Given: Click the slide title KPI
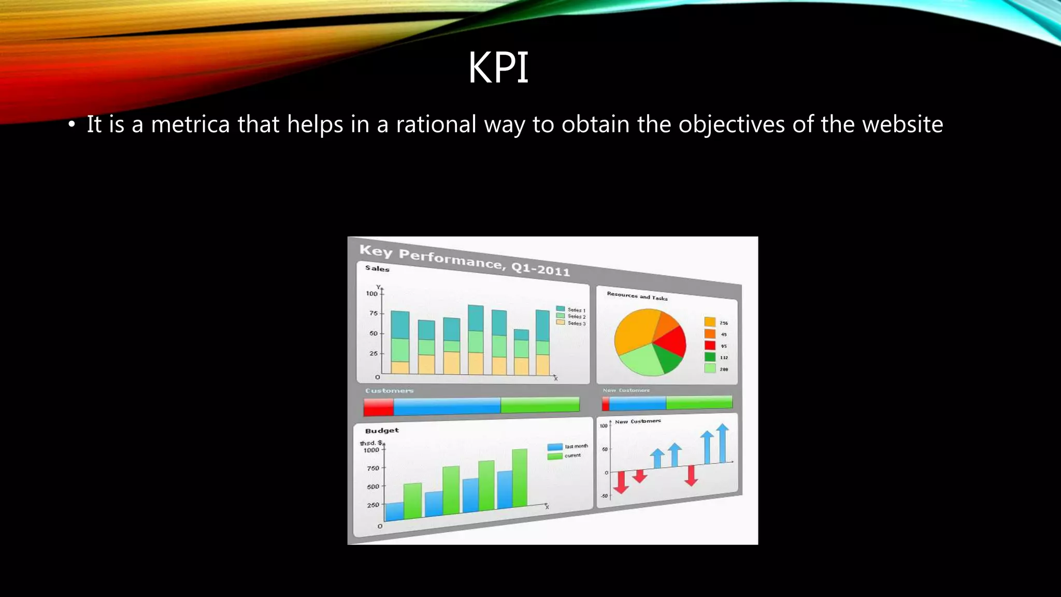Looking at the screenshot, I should tap(498, 68).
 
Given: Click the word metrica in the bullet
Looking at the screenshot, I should tap(190, 124).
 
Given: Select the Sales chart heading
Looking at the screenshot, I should tap(377, 268).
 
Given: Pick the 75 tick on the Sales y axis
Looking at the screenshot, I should tap(374, 313).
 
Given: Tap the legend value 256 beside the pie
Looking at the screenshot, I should tap(723, 323).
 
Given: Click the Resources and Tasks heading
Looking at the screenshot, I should tap(637, 296).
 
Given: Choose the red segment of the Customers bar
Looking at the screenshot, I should tap(379, 407).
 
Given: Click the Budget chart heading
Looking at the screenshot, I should tap(382, 431).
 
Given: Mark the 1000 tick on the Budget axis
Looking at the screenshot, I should tap(371, 450).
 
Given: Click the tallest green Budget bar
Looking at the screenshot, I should tap(520, 478).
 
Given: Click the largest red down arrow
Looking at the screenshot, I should tap(621, 482).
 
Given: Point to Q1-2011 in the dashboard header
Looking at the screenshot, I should tap(540, 269).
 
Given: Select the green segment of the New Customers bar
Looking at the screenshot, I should tap(699, 402).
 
